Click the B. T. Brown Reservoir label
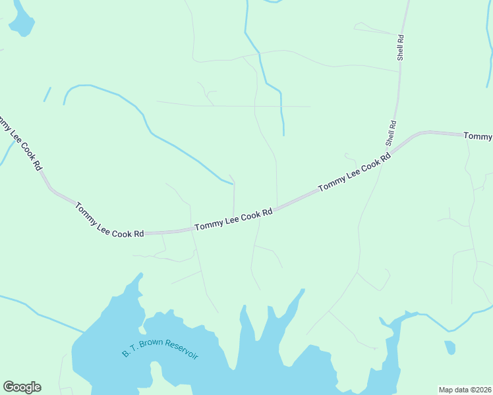[x=160, y=349]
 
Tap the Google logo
[x=22, y=387]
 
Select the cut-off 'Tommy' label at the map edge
[x=478, y=136]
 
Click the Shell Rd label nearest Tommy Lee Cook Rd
[x=391, y=133]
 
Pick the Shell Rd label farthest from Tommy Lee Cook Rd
[x=400, y=48]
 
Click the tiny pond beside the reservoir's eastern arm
[x=449, y=347]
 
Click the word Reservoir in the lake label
[x=182, y=350]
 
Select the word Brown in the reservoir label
[x=150, y=346]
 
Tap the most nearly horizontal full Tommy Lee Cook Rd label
[x=233, y=220]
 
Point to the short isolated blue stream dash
[x=47, y=94]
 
